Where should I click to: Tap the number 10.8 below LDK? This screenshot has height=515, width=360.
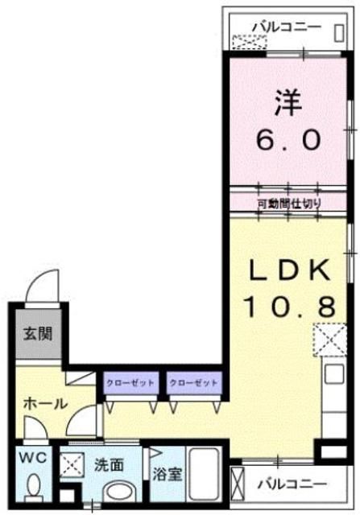[x=288, y=306]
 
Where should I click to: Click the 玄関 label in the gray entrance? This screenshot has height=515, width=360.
[x=37, y=332]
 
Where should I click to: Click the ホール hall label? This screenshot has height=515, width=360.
[x=44, y=405]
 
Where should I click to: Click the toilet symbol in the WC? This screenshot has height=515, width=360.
[x=34, y=487]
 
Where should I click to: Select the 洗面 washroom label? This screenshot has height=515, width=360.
[x=109, y=464]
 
